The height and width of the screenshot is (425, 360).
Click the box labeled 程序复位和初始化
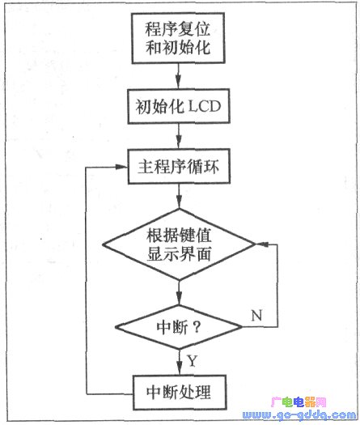coord(178,38)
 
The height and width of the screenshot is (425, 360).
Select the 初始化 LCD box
coord(179,106)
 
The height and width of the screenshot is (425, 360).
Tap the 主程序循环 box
coord(179,167)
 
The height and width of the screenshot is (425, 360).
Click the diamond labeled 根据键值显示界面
coord(179,244)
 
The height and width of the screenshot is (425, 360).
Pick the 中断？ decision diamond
coord(179,327)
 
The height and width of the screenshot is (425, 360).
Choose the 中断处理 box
coord(180,392)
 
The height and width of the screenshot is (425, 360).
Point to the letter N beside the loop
coord(256,315)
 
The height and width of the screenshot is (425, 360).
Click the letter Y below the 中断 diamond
coord(192,361)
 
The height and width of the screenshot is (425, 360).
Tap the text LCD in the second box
coord(205,106)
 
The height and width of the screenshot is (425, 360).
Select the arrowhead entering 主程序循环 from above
coord(178,142)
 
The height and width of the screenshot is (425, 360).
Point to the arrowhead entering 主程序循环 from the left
coord(121,167)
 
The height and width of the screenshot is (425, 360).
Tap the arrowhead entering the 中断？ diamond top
coord(179,298)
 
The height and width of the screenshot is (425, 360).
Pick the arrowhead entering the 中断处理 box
coord(180,368)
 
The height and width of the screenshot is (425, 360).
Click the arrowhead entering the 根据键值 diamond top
coord(179,202)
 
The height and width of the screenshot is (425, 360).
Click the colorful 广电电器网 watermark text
coord(299,402)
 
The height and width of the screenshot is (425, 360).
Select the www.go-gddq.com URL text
coord(299,415)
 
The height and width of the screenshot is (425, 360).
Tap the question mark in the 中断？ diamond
coord(197,327)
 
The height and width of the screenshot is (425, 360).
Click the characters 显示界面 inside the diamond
coord(179,254)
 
